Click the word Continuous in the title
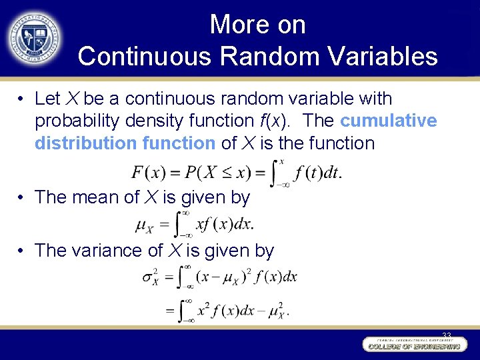click(x=145, y=57)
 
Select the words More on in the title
click(x=257, y=25)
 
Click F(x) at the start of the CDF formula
click(x=147, y=173)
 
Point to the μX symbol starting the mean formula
click(x=146, y=225)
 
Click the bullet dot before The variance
click(x=22, y=251)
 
